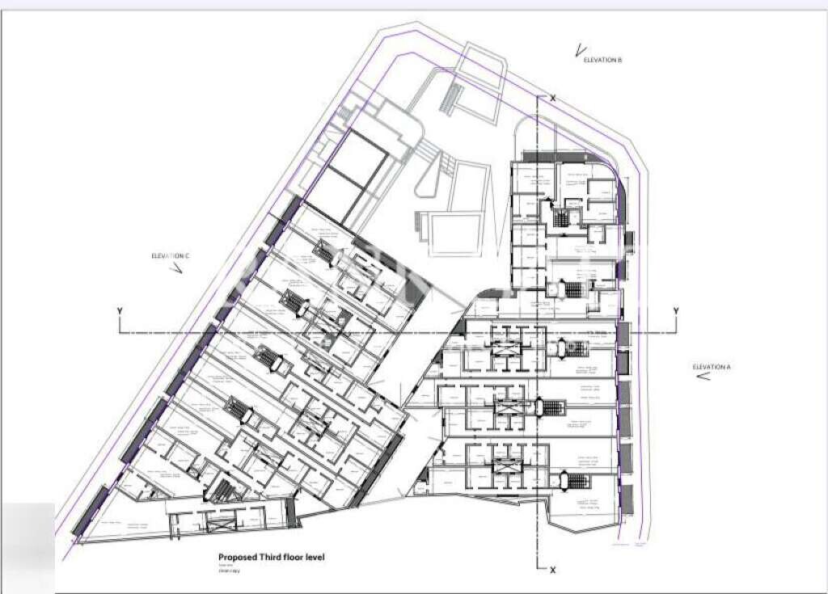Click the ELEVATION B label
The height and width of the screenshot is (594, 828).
pyautogui.click(x=602, y=61)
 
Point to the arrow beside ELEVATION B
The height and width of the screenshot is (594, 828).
pyautogui.click(x=579, y=51)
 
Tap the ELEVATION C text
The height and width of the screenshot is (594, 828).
pyautogui.click(x=170, y=256)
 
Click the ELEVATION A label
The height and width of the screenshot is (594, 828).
pyautogui.click(x=711, y=367)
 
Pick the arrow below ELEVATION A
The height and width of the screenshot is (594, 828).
pyautogui.click(x=703, y=376)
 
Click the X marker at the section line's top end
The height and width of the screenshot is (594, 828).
pyautogui.click(x=553, y=98)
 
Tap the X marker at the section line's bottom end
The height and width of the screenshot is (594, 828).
pyautogui.click(x=553, y=570)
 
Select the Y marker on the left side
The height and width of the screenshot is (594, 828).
pyautogui.click(x=120, y=311)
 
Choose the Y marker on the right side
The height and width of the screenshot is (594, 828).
pyautogui.click(x=675, y=311)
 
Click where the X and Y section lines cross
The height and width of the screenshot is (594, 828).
pyautogui.click(x=539, y=332)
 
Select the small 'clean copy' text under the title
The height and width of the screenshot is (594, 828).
pyautogui.click(x=229, y=571)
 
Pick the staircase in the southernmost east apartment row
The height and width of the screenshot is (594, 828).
pyautogui.click(x=577, y=482)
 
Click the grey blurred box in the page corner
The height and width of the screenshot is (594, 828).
pyautogui.click(x=27, y=547)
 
